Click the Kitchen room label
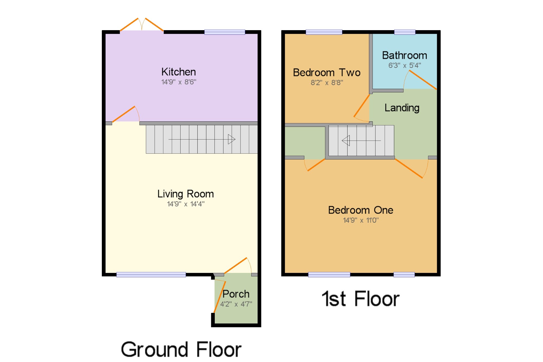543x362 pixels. point(179,72)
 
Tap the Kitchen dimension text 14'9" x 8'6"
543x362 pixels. point(179,82)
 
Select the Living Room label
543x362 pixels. point(186,194)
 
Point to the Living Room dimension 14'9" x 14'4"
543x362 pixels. point(186,204)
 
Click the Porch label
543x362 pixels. point(236,294)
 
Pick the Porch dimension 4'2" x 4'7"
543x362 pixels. point(236,304)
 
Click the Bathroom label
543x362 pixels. point(405,55)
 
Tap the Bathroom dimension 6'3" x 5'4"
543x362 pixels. point(405,65)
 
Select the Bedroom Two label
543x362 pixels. point(327,73)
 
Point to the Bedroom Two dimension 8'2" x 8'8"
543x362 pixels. point(327,83)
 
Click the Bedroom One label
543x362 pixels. point(361,210)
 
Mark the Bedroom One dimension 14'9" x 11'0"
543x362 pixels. point(361,220)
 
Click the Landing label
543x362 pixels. point(402,108)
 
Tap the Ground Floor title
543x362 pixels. point(181,350)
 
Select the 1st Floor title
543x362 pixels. point(361,299)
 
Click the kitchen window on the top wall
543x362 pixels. point(225,32)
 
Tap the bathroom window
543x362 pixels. point(405,32)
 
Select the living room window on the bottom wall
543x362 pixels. point(151,275)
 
